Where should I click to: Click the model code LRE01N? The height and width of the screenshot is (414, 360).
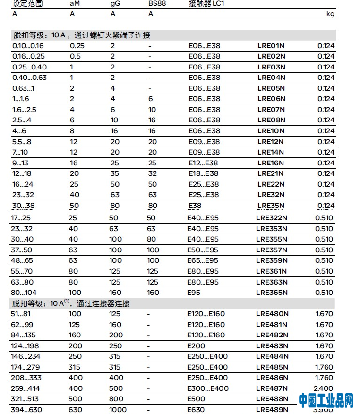click(x=271, y=46)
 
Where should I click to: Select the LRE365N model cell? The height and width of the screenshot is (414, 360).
click(x=272, y=293)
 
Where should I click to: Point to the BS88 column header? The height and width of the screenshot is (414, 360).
click(x=157, y=3)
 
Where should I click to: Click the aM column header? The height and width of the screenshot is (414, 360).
click(x=75, y=3)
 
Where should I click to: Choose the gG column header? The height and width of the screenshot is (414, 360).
click(x=115, y=3)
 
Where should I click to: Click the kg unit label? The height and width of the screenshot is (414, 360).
click(x=331, y=14)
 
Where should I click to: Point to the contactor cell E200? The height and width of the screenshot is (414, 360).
click(x=197, y=346)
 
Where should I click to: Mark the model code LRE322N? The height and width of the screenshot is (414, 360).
click(x=272, y=218)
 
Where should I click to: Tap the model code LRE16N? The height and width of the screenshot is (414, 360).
click(x=271, y=163)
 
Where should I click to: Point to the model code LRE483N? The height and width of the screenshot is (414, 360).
click(x=272, y=346)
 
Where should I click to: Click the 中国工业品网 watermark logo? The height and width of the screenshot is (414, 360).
click(x=326, y=400)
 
